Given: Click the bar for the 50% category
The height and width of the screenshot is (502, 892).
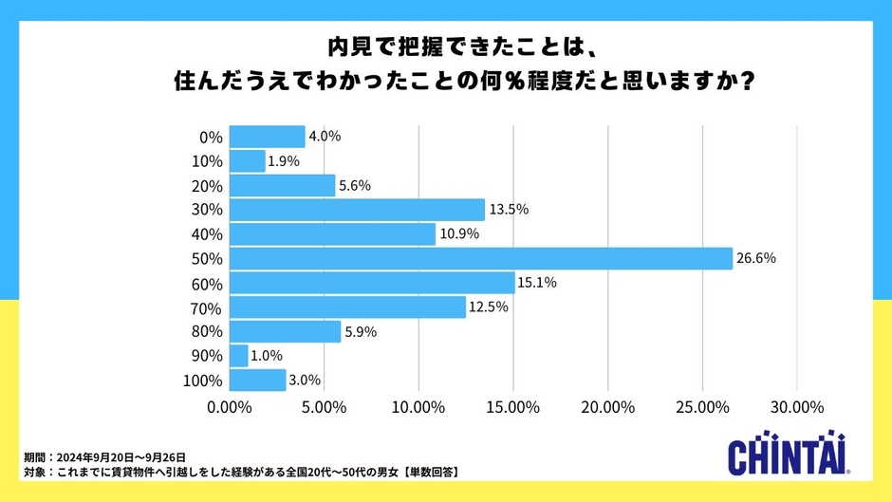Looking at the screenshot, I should coord(480,258).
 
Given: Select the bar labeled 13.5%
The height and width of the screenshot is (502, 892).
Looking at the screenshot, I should coord(357,210).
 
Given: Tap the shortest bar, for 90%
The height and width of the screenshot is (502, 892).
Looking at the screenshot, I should coord(238,356).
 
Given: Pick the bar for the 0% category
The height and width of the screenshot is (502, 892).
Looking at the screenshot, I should coord(267,137).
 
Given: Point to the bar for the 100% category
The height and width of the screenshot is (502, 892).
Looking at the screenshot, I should coord(257,381).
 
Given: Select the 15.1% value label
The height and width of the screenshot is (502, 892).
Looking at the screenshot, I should coord(536,283).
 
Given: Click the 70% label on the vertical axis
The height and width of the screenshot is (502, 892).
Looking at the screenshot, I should coord(207,307).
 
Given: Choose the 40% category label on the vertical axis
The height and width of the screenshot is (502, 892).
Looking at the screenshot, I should coord(207,234).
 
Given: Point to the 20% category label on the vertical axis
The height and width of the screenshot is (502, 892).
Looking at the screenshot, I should coord(207,186).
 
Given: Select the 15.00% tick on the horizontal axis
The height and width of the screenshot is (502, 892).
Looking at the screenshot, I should coord(512,407).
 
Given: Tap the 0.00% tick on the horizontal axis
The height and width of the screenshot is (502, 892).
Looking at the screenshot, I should coord(230,407).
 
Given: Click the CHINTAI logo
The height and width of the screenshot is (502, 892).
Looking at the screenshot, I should coord(787,456).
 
